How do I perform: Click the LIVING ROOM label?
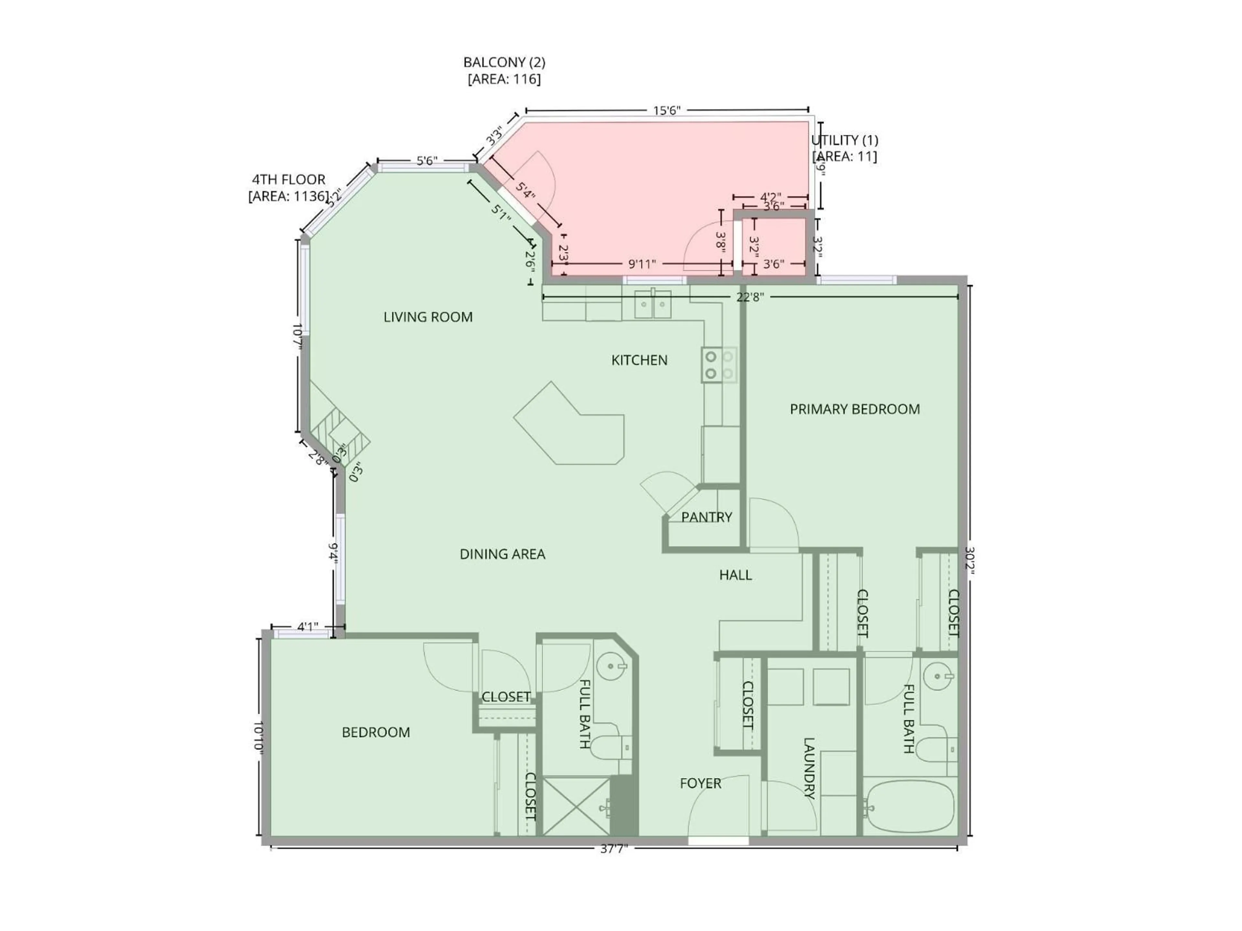coord(428,317)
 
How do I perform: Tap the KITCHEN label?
coord(639,360)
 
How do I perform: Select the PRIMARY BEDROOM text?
coord(855,409)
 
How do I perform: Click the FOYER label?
coord(700,783)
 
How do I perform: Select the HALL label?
coord(735,575)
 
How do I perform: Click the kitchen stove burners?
coord(719,365)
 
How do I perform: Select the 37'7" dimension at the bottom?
coord(613,849)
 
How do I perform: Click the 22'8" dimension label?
coord(750,297)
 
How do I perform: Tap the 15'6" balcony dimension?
coord(667,111)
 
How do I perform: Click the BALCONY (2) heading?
coord(504,62)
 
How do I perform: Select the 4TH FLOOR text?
coord(288,180)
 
